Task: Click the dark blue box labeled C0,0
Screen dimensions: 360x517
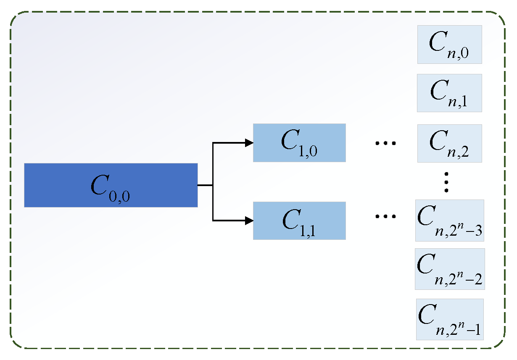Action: tap(111, 185)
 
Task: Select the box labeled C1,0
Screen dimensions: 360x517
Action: tap(299, 143)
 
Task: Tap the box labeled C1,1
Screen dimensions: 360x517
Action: tap(299, 221)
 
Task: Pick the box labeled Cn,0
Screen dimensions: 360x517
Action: tap(449, 45)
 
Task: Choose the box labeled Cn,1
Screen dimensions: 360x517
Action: tap(449, 93)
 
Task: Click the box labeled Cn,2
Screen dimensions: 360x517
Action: tap(449, 143)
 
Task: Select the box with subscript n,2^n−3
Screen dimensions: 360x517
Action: tap(449, 220)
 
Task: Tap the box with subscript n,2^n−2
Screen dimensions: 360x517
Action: tap(449, 269)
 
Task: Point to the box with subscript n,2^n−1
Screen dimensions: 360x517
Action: tap(449, 319)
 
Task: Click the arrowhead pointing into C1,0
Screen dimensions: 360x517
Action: tap(249, 143)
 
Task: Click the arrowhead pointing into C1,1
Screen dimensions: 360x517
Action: tap(249, 220)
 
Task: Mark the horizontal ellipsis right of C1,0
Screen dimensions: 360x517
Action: tap(385, 143)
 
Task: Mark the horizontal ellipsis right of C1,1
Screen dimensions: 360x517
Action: tap(385, 217)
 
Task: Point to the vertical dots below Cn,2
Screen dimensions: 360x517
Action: tap(447, 181)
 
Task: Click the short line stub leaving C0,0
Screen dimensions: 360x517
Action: tap(205, 185)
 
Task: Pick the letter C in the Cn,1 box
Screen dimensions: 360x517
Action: tap(438, 89)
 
